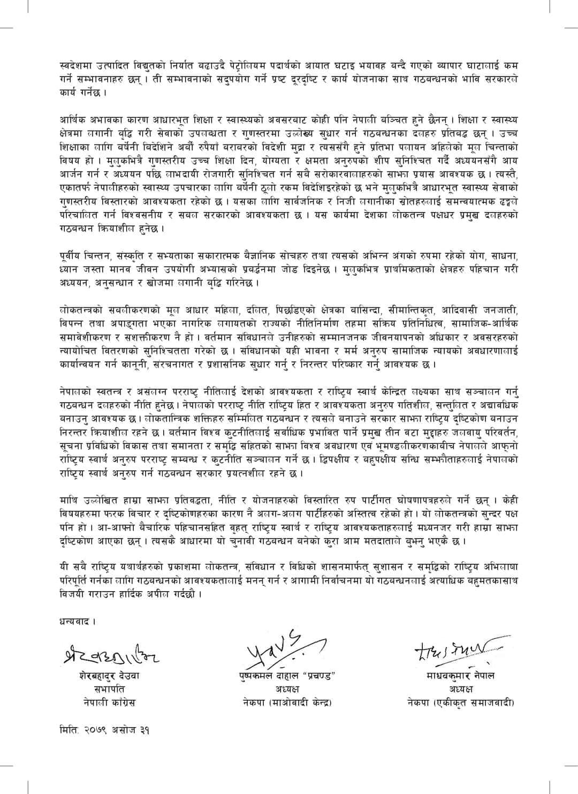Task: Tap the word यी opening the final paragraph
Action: coord(64,566)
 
